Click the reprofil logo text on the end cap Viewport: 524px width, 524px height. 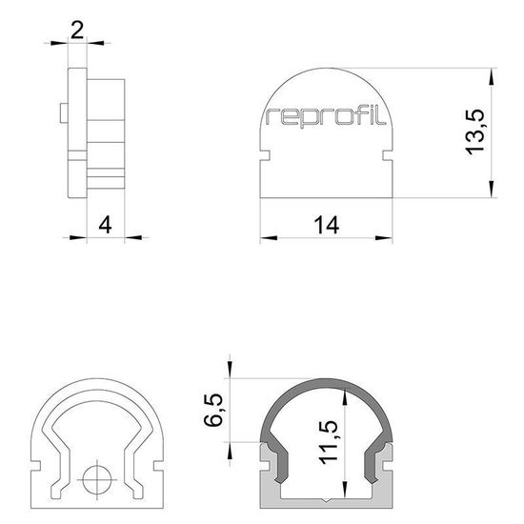[x=326, y=117]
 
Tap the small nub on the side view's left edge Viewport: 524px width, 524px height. [x=61, y=114]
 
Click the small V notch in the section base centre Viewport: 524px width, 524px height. [x=327, y=499]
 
